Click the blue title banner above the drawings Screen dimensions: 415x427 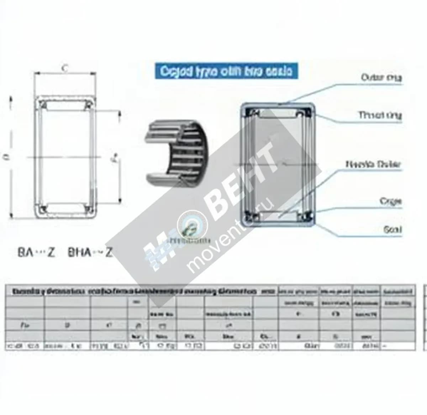click(x=226, y=71)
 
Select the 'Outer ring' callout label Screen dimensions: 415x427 click(x=381, y=77)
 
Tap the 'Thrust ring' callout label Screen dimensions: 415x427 click(x=380, y=115)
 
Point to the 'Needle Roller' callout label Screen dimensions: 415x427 click(x=373, y=164)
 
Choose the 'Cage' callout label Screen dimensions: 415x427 click(x=390, y=201)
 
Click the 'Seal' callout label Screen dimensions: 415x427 click(x=392, y=229)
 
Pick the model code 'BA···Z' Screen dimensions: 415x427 click(x=36, y=253)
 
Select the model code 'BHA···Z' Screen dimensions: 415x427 click(x=90, y=253)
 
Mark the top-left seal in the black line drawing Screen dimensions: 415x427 click(x=43, y=105)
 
